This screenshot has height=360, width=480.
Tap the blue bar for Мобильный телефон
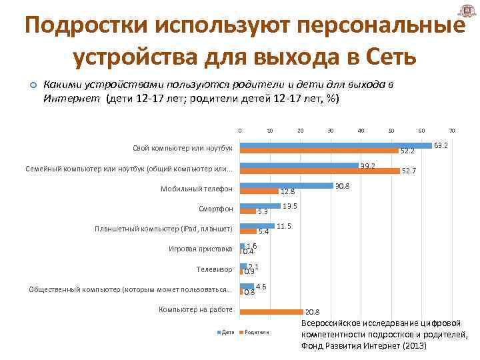point(286,185)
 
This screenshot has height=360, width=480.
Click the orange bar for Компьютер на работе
point(271,311)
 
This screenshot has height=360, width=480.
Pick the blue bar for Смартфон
point(260,206)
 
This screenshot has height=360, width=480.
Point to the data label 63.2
point(441,145)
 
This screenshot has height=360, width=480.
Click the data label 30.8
point(343,186)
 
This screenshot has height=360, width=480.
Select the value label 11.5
point(284,227)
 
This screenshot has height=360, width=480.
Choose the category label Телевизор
point(214,269)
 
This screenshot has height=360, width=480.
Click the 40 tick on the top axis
point(361,131)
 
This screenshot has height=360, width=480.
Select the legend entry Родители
point(256,331)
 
